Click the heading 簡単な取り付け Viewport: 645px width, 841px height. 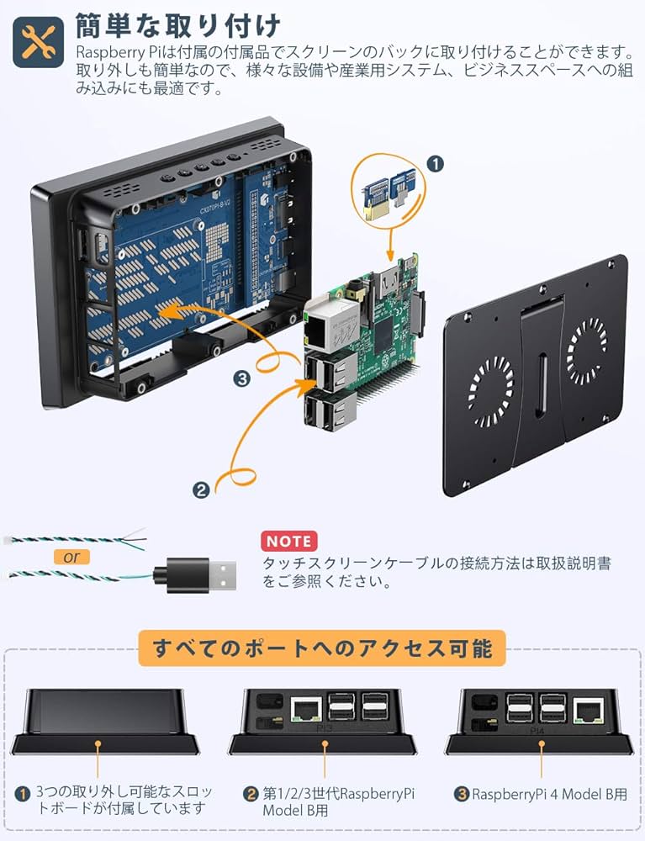pos(177,25)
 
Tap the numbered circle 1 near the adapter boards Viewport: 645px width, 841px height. pos(435,164)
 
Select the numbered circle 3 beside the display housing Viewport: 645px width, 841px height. pos(243,379)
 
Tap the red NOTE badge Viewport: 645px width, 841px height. pos(288,541)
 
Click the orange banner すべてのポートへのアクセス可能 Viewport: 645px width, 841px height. pos(321,649)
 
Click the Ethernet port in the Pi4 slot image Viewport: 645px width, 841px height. pos(586,711)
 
